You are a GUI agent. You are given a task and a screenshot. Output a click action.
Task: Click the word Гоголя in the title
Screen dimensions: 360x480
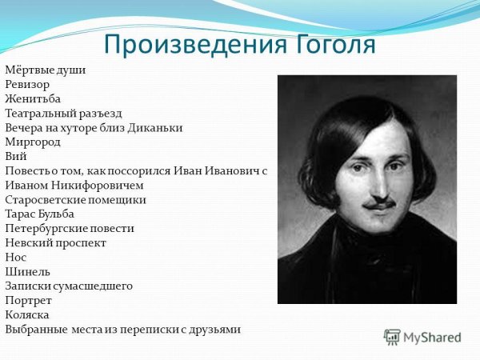[328, 44]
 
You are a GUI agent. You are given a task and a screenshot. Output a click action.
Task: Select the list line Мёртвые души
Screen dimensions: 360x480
[45, 70]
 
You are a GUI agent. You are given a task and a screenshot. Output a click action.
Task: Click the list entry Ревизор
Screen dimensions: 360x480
[27, 84]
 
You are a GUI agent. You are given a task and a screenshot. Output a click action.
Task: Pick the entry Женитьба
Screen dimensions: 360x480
[32, 98]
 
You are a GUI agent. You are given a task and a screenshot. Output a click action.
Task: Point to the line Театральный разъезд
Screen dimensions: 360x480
[63, 113]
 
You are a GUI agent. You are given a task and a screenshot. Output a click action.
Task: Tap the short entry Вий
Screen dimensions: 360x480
[15, 156]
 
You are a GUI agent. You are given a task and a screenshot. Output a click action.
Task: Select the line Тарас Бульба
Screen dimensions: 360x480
[39, 214]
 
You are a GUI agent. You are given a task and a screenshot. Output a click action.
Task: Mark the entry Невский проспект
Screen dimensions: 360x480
[55, 242]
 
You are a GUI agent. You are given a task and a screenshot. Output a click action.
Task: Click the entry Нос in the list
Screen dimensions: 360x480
[15, 257]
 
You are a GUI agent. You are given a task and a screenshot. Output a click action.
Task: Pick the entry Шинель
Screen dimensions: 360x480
[27, 271]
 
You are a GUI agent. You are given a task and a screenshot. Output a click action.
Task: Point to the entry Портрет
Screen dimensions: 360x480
[28, 300]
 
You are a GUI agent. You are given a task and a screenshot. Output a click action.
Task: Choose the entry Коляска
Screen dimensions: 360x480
[28, 314]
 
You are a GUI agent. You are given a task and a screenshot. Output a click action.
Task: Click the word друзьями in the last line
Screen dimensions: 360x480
[214, 329]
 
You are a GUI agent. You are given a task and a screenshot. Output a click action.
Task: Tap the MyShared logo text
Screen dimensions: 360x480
[433, 338]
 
